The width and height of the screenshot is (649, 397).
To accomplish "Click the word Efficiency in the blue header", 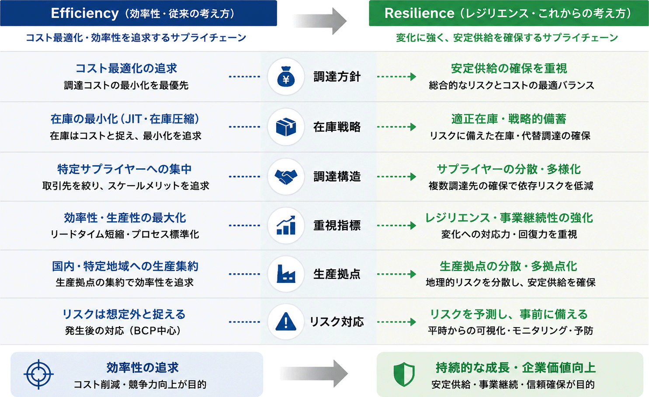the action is pyautogui.click(x=85, y=13).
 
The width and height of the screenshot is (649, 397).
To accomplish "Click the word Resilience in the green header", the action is pyautogui.click(x=419, y=13).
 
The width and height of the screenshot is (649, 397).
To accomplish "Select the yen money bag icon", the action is pyautogui.click(x=286, y=77).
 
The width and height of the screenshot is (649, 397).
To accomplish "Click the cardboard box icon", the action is pyautogui.click(x=286, y=127).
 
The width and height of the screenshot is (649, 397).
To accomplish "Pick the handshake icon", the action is pyautogui.click(x=286, y=177).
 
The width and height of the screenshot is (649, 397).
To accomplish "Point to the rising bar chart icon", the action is pyautogui.click(x=286, y=225).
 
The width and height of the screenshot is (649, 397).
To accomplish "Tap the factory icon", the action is pyautogui.click(x=286, y=274).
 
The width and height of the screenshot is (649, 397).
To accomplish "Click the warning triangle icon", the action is pyautogui.click(x=286, y=322).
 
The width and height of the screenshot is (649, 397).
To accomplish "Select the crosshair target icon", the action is pyautogui.click(x=38, y=374).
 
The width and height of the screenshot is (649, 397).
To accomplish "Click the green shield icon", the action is pyautogui.click(x=404, y=374).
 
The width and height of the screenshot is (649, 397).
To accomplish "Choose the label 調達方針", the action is pyautogui.click(x=337, y=77).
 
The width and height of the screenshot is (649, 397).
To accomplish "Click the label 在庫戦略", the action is pyautogui.click(x=337, y=127).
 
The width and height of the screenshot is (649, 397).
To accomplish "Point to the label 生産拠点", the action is pyautogui.click(x=337, y=274).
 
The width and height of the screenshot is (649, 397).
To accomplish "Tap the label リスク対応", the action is pyautogui.click(x=337, y=322).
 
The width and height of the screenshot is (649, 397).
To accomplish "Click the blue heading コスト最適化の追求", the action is pyautogui.click(x=126, y=68).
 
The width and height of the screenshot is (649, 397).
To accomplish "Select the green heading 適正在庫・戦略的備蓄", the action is pyautogui.click(x=509, y=119).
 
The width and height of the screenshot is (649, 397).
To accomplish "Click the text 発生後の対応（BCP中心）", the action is pyautogui.click(x=123, y=331).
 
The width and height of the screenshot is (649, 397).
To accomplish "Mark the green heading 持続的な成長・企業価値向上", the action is pyautogui.click(x=515, y=368).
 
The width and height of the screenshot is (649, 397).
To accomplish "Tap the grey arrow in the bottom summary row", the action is pyautogui.click(x=314, y=373).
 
